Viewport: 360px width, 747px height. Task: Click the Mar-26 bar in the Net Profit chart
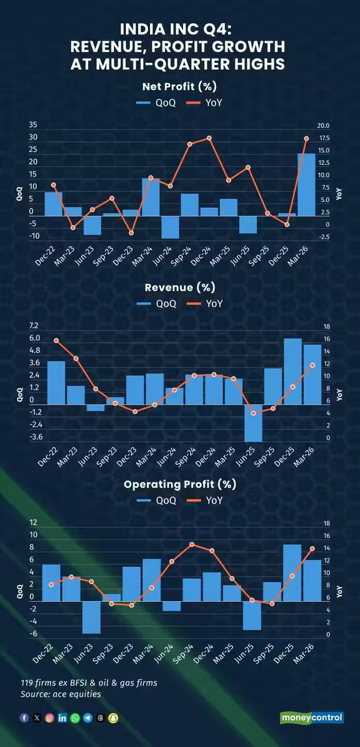306,184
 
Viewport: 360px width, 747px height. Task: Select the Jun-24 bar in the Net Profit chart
170,227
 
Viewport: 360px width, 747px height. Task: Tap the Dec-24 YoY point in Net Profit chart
209,138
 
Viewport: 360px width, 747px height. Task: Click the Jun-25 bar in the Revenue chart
253,423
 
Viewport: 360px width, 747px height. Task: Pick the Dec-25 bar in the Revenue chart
293,372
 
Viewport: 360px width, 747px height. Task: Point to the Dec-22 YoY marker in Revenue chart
56,341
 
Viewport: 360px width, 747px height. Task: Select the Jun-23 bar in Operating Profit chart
92,617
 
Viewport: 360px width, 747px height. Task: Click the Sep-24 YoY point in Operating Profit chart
192,544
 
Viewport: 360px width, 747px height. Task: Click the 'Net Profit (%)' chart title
180,86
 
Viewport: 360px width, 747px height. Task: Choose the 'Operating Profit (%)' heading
180,484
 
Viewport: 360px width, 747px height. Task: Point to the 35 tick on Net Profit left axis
33,125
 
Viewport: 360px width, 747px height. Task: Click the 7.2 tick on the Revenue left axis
34,326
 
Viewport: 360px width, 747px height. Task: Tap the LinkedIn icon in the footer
62,718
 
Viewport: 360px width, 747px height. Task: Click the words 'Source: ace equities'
60,694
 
